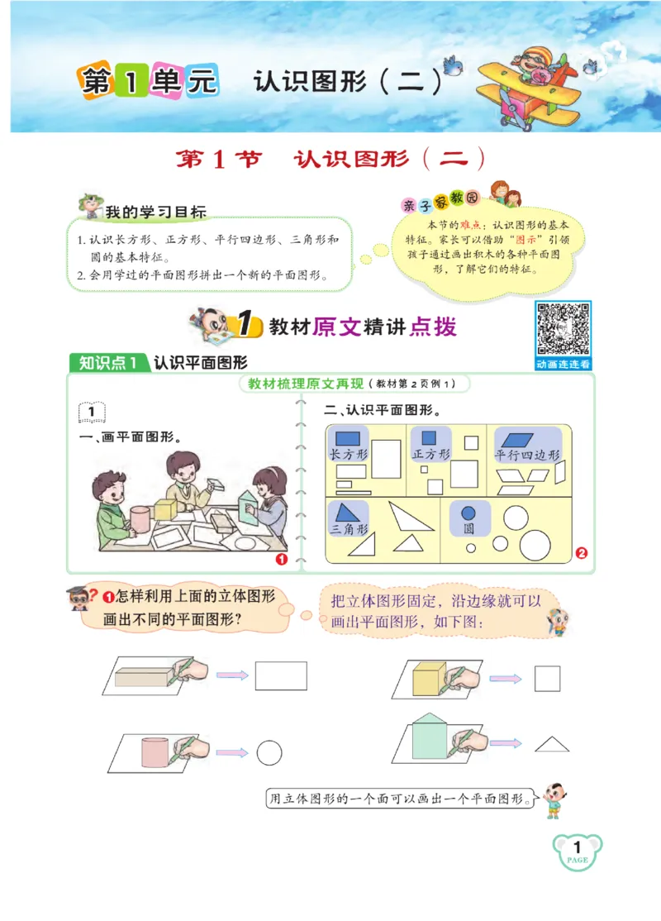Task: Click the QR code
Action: tap(564, 329)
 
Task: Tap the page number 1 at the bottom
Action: tap(578, 847)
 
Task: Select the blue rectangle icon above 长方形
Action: tap(348, 438)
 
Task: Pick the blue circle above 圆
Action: tap(468, 513)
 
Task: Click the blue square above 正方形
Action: tap(429, 438)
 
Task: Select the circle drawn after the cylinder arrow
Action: tap(269, 752)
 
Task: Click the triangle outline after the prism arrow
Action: tap(551, 744)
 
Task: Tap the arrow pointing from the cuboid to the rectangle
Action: tap(232, 675)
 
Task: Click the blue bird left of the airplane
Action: tap(451, 64)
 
